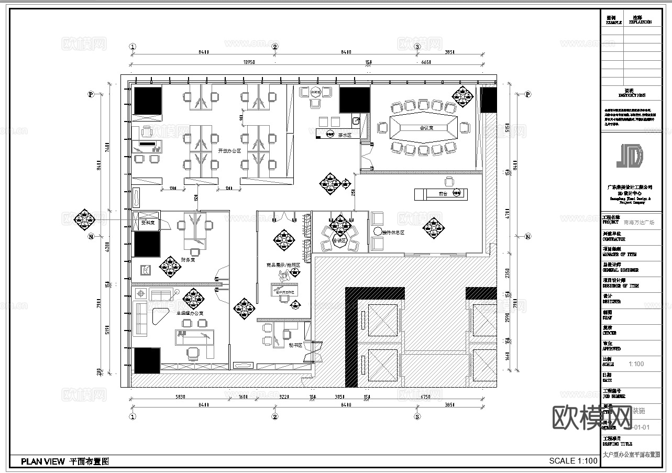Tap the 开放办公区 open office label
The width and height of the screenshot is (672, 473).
coord(229,151)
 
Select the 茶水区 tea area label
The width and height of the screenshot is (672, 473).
coord(344,135)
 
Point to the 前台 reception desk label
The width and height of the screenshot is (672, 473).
coord(444,194)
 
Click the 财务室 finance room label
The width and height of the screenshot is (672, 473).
coord(188,259)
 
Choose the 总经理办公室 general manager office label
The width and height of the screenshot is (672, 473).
coord(190,313)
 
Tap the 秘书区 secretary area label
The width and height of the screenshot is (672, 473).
coord(294,345)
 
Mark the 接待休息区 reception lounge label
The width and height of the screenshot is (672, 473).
coord(393,232)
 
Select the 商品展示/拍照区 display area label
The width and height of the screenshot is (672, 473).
coord(283,265)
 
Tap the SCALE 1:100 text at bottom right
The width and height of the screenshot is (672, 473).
coord(573,461)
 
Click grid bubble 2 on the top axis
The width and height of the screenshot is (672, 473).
coord(275,47)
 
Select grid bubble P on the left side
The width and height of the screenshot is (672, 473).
coord(91,95)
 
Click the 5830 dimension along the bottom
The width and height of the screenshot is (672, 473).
coord(180,397)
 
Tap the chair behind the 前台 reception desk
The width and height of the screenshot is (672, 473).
coord(449,181)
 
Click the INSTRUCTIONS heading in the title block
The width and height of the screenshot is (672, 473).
coord(632,96)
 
